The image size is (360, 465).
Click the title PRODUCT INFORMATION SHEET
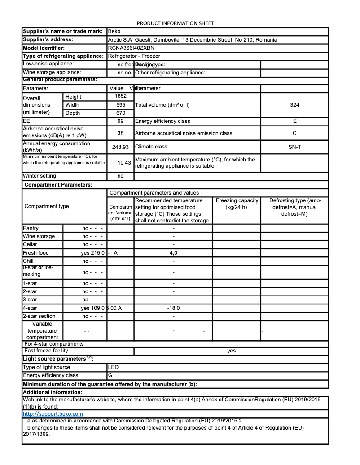coord(175,23)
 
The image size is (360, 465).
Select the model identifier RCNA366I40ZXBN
coord(131,48)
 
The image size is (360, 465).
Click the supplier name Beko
coord(114,32)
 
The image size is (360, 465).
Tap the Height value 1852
coord(120,96)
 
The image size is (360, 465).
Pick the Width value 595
coord(120,105)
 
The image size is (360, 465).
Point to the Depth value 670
coord(120,113)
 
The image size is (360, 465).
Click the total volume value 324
coord(294,105)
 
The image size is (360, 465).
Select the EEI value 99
coord(120,121)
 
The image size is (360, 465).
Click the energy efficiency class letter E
coord(294,121)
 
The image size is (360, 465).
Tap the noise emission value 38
coord(120,133)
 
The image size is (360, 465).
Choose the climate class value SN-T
coord(294,147)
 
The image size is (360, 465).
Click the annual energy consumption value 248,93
coord(120,147)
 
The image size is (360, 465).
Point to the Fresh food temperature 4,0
coord(173,253)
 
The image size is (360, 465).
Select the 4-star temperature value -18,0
coord(173,308)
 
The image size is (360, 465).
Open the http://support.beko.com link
coord(53,414)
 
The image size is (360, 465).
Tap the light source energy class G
coord(110,375)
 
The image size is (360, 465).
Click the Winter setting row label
coord(40,176)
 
